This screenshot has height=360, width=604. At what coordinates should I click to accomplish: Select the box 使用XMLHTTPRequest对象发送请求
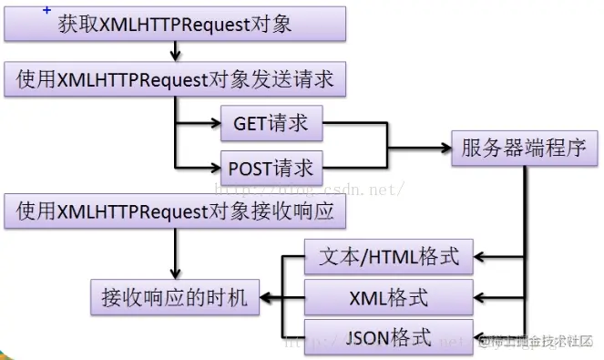[175, 79]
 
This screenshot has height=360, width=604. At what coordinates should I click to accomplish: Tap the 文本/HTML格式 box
[389, 256]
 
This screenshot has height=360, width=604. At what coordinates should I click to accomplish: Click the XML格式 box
[389, 296]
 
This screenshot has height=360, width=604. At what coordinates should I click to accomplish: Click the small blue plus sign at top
[46, 8]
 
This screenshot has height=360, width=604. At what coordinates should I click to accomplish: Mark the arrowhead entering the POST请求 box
[214, 168]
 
